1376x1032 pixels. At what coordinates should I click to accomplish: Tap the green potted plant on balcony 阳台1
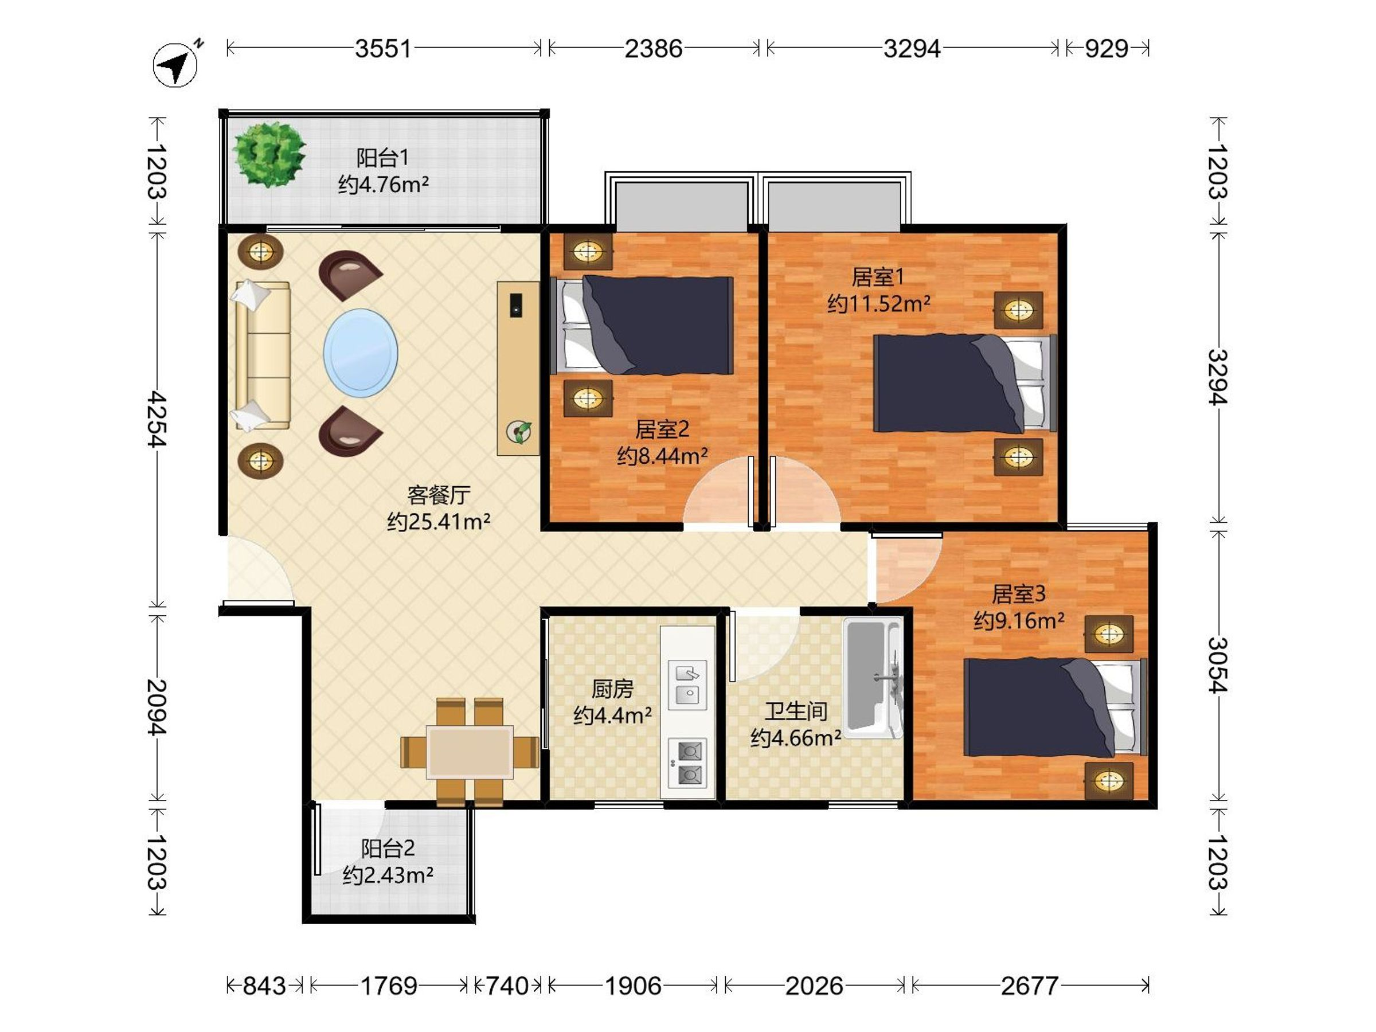click(269, 154)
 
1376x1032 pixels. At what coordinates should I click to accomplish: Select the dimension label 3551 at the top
click(383, 49)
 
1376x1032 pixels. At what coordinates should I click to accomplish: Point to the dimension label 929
click(1107, 49)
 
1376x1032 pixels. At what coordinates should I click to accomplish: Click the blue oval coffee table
click(361, 353)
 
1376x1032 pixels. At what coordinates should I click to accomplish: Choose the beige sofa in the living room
click(262, 355)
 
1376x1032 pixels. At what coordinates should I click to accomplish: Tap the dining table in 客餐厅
click(470, 752)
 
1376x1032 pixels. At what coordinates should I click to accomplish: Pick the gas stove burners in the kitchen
click(687, 764)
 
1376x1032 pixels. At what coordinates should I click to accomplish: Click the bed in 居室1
click(965, 383)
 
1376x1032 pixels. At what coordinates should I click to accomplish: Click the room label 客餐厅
click(439, 495)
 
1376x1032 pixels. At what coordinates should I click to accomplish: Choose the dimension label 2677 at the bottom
click(1030, 986)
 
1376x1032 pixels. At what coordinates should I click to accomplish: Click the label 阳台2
click(388, 849)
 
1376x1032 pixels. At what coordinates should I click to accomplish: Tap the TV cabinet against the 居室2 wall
click(518, 368)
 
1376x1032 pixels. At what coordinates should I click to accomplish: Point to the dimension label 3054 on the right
click(1218, 665)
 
